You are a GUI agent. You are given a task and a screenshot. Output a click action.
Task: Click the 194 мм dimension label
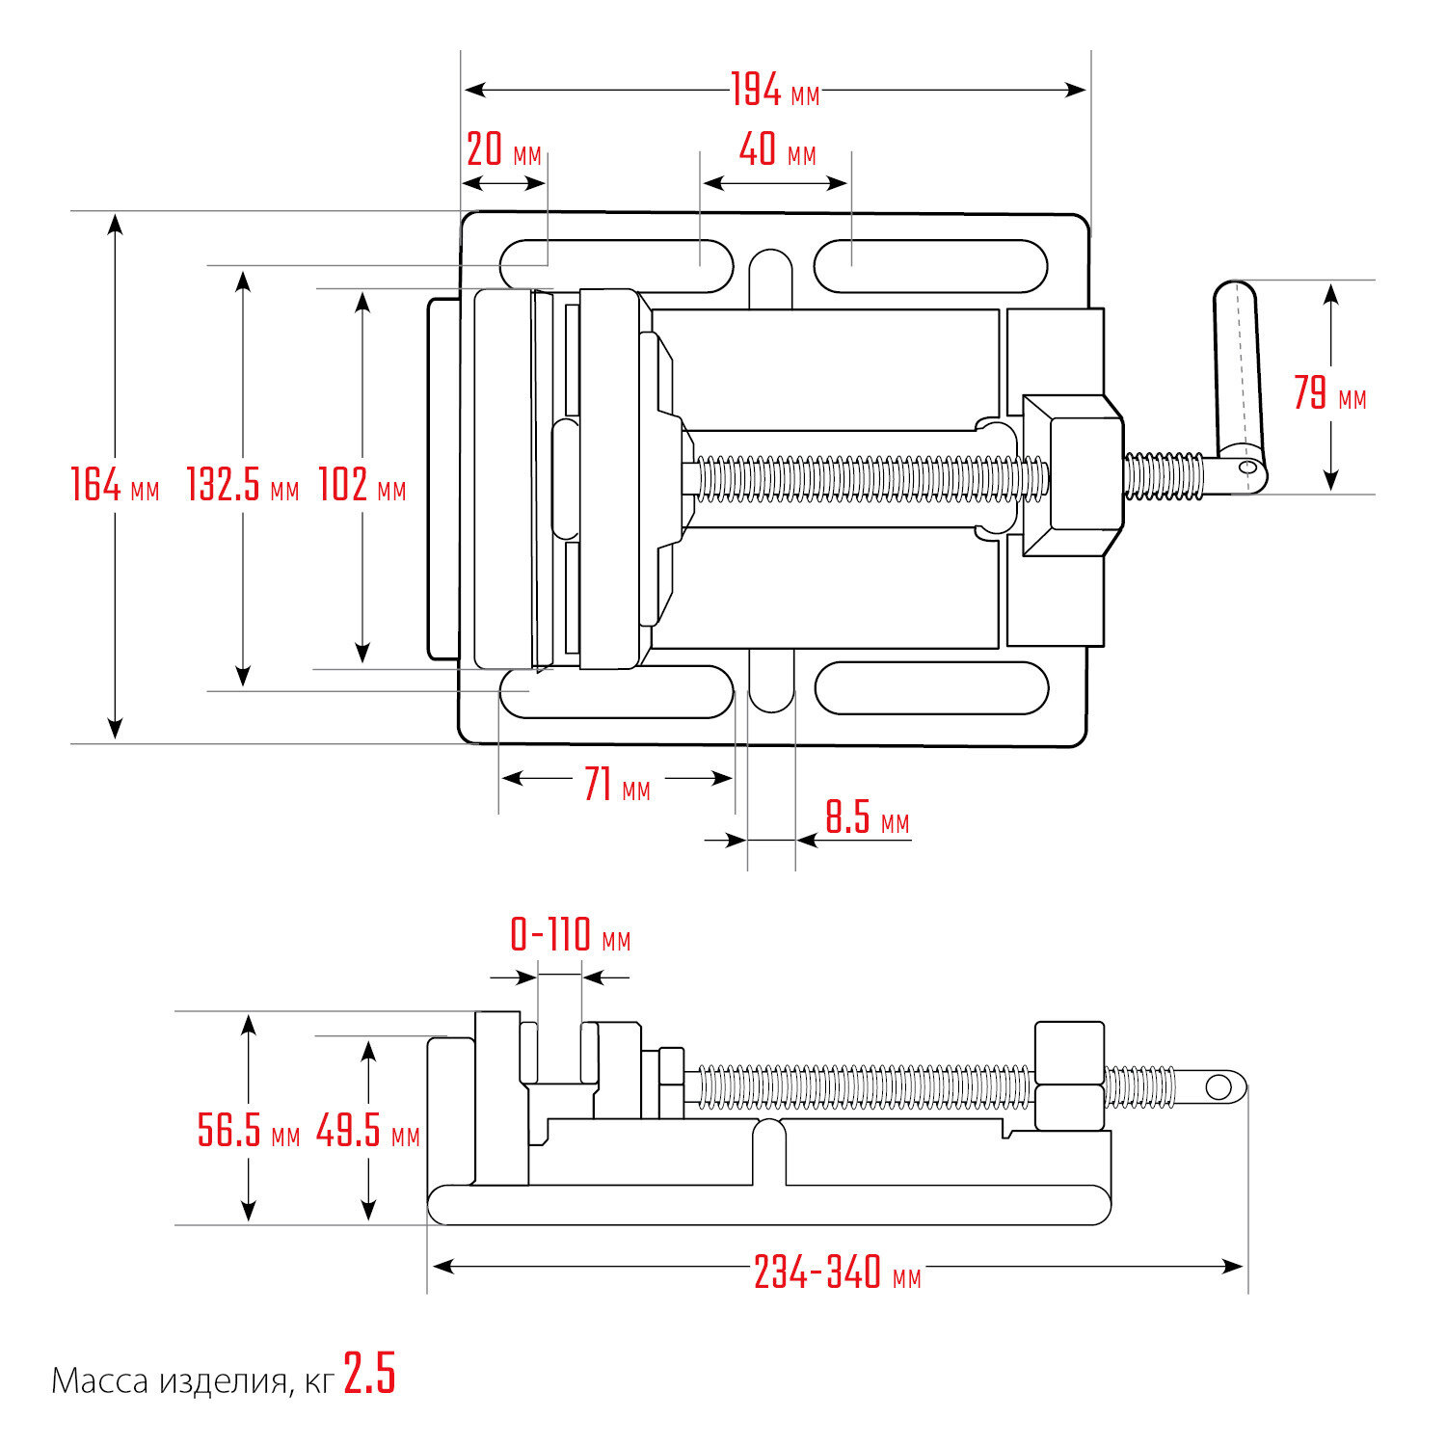(774, 91)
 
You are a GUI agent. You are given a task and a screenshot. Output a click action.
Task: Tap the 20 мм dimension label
(503, 151)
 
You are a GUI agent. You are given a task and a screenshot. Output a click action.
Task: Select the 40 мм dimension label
(777, 151)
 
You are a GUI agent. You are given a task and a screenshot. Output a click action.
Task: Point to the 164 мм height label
(115, 484)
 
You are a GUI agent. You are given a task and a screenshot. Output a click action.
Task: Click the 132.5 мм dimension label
(242, 484)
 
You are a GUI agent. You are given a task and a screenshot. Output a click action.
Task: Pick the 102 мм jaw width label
(362, 484)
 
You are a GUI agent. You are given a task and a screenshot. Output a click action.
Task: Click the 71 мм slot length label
(617, 785)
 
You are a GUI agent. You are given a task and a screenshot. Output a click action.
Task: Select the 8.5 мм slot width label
(867, 819)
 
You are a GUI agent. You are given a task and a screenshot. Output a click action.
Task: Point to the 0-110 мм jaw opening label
(570, 935)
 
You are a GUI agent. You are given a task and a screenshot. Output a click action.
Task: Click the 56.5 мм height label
(249, 1130)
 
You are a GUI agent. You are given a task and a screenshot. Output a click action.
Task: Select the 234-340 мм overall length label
(837, 1272)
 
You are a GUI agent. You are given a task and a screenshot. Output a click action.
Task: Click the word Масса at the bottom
(99, 1381)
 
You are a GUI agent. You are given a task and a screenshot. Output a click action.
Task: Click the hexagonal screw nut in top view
(1071, 475)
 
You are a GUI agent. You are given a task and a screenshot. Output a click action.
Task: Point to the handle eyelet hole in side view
(1218, 1087)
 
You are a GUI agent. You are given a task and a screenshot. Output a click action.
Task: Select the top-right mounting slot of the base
(930, 266)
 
